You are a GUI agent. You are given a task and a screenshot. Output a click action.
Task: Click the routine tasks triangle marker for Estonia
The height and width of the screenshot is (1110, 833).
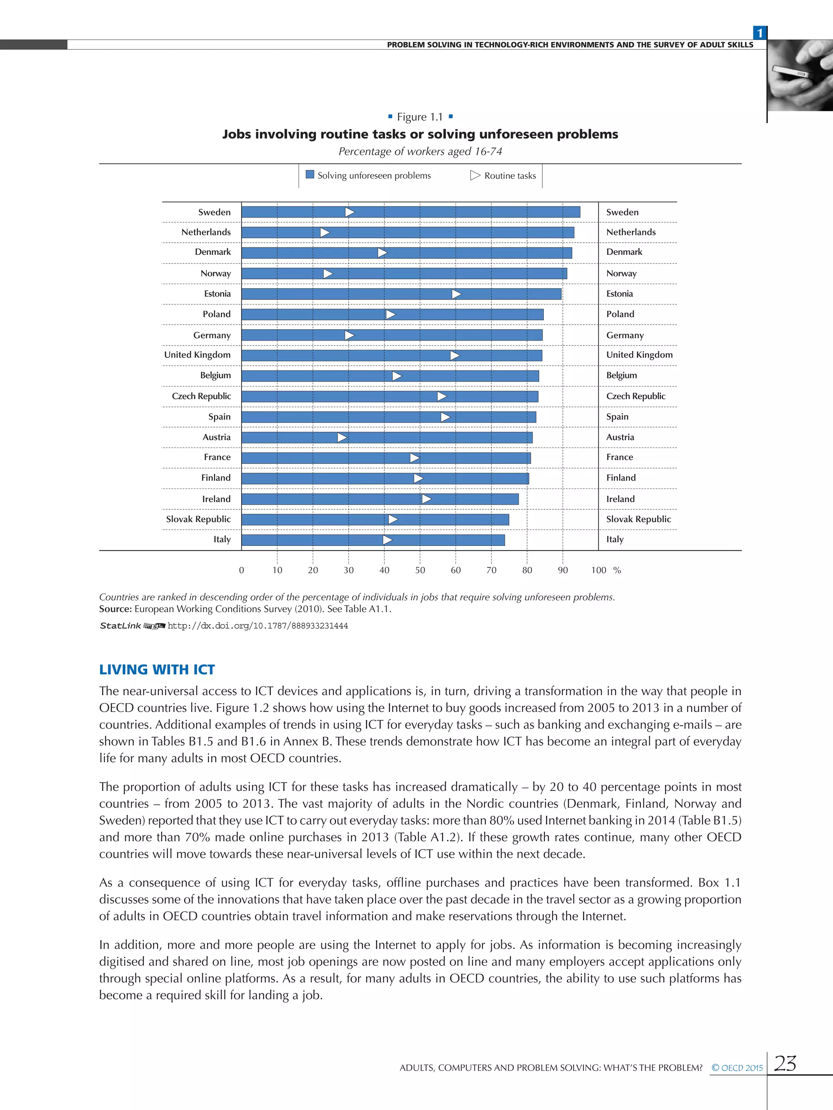point(456,294)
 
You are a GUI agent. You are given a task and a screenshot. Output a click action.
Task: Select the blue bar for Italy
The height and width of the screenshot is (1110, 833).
point(373,540)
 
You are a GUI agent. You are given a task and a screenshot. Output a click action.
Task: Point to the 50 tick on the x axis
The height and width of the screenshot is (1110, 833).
point(420,570)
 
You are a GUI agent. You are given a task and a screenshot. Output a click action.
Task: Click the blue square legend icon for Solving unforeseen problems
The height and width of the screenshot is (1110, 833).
point(310,175)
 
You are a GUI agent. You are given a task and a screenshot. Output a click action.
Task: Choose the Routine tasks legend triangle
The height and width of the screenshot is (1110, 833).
point(475,176)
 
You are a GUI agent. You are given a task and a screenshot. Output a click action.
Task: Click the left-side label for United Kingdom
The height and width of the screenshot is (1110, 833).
point(197,355)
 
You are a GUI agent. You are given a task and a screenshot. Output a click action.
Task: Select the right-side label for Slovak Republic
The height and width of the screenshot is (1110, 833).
point(638,519)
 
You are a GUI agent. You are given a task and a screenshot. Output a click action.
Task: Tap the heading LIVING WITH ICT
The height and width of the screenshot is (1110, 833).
point(157,669)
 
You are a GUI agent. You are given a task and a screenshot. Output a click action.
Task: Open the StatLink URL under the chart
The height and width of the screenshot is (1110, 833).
point(257,626)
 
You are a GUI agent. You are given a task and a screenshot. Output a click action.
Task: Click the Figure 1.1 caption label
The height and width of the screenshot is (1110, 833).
point(420,117)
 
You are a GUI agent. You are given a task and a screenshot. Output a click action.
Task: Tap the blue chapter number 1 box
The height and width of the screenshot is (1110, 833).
point(760,33)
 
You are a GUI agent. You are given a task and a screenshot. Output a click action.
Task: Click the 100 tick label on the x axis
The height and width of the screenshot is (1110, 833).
point(598,570)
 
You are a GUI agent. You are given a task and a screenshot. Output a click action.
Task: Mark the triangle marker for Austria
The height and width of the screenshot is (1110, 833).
point(342,438)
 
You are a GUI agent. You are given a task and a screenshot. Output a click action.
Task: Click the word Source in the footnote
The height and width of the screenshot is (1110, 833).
point(115,609)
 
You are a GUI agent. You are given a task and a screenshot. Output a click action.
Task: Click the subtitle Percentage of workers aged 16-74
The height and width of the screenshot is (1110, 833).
point(420,152)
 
